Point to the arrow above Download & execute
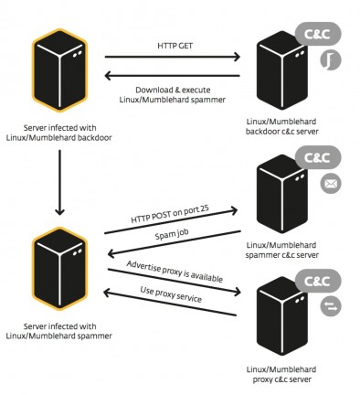(174, 79)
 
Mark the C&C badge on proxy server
(322, 281)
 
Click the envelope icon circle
(330, 185)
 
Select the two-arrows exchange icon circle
(330, 308)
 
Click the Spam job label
(173, 239)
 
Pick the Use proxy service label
(173, 299)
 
